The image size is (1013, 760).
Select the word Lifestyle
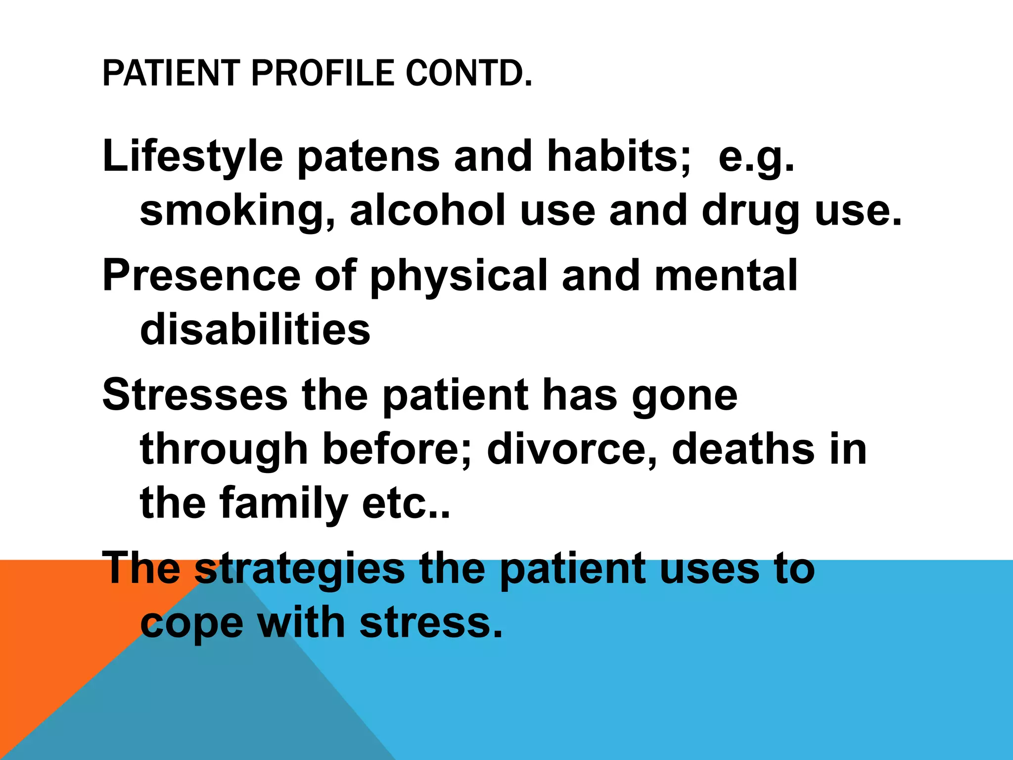[x=192, y=157]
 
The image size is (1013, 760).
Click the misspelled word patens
[x=368, y=157]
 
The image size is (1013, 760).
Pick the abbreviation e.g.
[x=756, y=158]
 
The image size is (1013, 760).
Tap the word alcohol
[x=428, y=210]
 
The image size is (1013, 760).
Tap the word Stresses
[x=195, y=395]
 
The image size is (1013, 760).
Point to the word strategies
[x=300, y=569]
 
